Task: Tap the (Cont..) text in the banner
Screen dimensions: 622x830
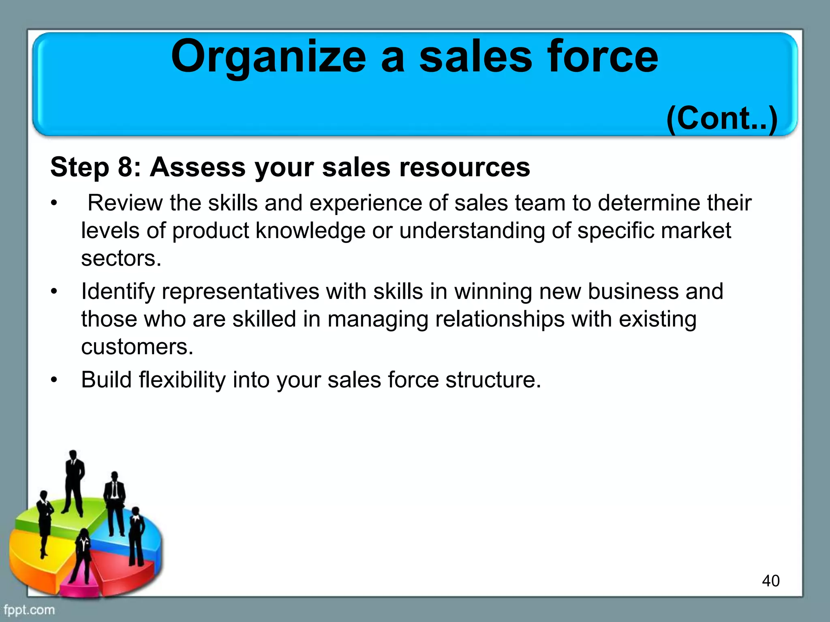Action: tap(722, 118)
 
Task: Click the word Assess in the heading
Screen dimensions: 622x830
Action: tap(198, 167)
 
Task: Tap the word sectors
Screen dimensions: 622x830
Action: tap(121, 258)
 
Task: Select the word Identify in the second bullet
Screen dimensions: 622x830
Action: tap(118, 291)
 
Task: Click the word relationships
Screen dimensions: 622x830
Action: tap(500, 319)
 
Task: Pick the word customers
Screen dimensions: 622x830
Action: tap(137, 347)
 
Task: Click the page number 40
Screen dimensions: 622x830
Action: tap(770, 581)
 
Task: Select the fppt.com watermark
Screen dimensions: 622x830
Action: tap(29, 610)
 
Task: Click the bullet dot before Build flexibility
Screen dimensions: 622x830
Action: tap(54, 380)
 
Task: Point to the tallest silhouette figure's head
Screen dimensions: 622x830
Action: tap(73, 454)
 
